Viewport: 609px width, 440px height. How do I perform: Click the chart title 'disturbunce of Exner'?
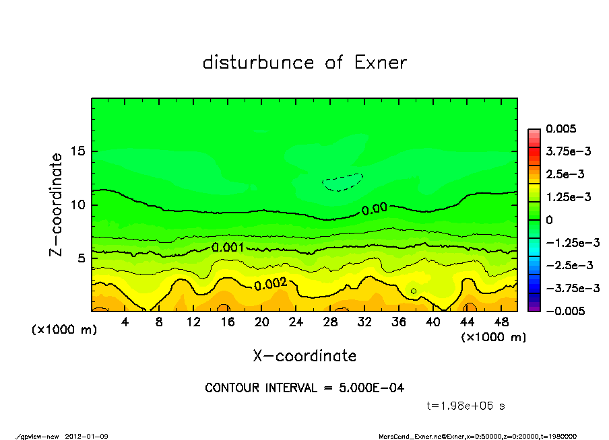(x=304, y=63)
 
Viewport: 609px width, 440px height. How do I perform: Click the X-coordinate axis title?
(x=304, y=355)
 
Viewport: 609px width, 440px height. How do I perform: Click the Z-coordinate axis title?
(x=57, y=204)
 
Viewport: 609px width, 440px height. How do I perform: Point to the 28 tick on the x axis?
(x=330, y=322)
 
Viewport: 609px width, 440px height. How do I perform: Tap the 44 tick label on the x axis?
(x=466, y=322)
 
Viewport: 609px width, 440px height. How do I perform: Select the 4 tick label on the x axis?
(x=125, y=322)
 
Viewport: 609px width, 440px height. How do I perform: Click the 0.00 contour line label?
(x=375, y=209)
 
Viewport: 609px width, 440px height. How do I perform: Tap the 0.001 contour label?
(x=228, y=248)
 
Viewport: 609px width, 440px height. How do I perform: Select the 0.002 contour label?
(x=270, y=285)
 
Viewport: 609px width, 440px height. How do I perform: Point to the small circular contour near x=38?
(x=414, y=291)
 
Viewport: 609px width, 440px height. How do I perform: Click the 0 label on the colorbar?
(x=550, y=220)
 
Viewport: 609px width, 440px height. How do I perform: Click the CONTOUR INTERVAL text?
(x=304, y=388)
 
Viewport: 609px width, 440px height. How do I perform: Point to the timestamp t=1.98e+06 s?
(x=466, y=406)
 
